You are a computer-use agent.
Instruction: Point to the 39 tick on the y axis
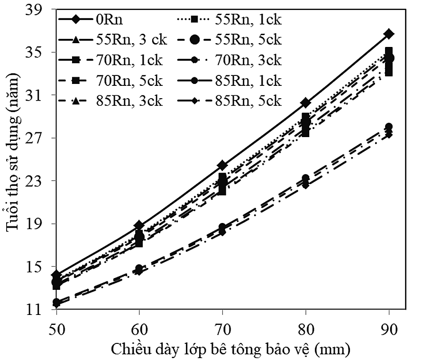tap(37, 10)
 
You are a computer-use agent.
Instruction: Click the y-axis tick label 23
tap(37, 181)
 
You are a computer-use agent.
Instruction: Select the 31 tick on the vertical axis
tap(37, 95)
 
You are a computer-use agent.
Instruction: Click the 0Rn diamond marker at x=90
tap(389, 34)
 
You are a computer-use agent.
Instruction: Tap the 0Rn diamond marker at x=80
tap(306, 102)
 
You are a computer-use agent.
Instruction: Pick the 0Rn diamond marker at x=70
tap(223, 166)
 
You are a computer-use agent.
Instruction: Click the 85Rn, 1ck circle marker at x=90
tap(389, 127)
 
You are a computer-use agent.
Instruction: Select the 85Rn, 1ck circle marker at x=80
tap(306, 178)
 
